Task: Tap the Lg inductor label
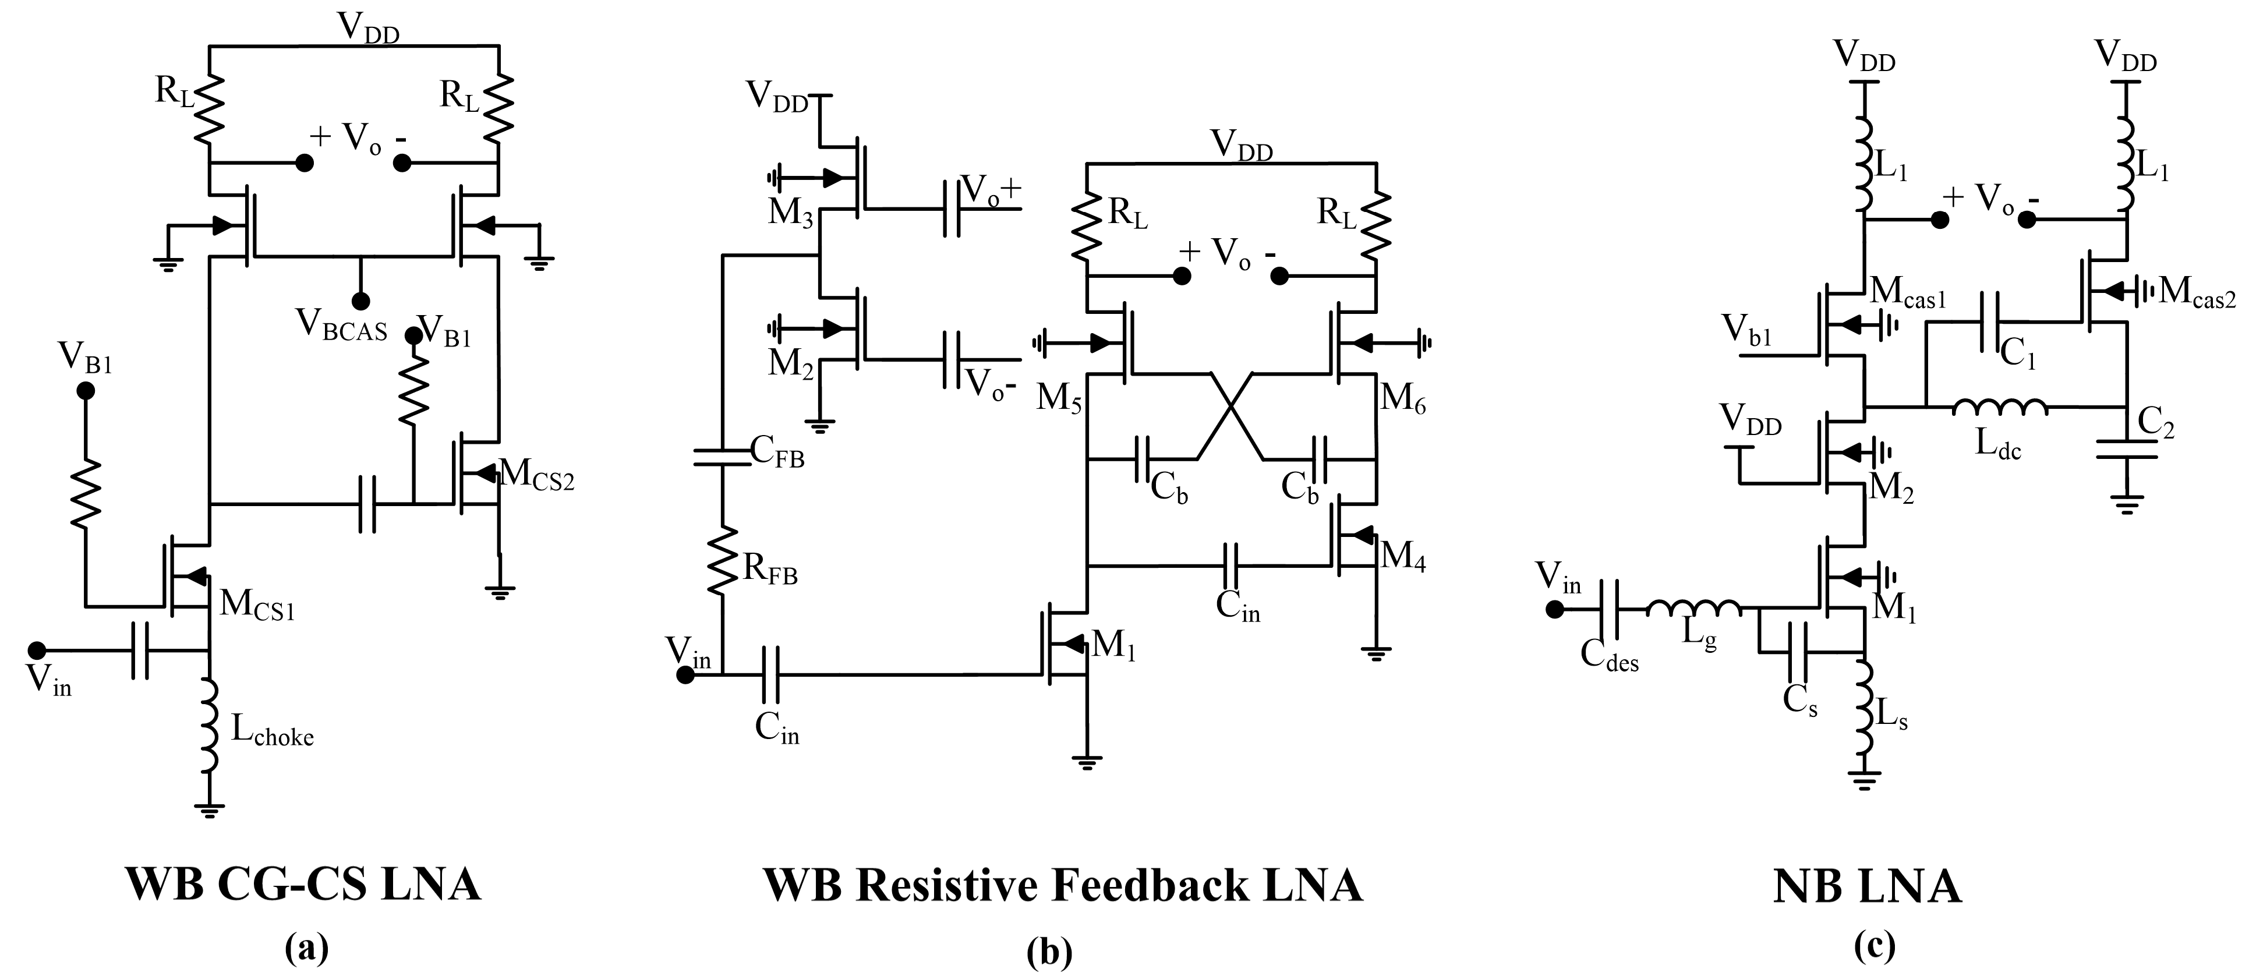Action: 1699,639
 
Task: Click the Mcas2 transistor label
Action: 2197,292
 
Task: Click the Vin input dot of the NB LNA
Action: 1554,610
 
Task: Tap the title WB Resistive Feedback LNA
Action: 1063,886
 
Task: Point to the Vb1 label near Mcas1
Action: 1746,331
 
